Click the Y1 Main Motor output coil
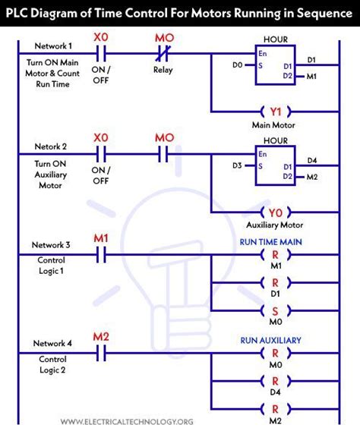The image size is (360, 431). pyautogui.click(x=274, y=111)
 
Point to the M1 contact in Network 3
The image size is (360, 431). pyautogui.click(x=100, y=256)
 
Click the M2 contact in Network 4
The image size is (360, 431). pyautogui.click(x=100, y=354)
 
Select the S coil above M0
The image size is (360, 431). pyautogui.click(x=274, y=310)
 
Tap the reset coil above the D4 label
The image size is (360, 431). pyautogui.click(x=274, y=382)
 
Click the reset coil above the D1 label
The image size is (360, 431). pyautogui.click(x=274, y=282)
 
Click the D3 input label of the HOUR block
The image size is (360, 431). pyautogui.click(x=238, y=165)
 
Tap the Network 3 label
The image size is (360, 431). pyautogui.click(x=51, y=245)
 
